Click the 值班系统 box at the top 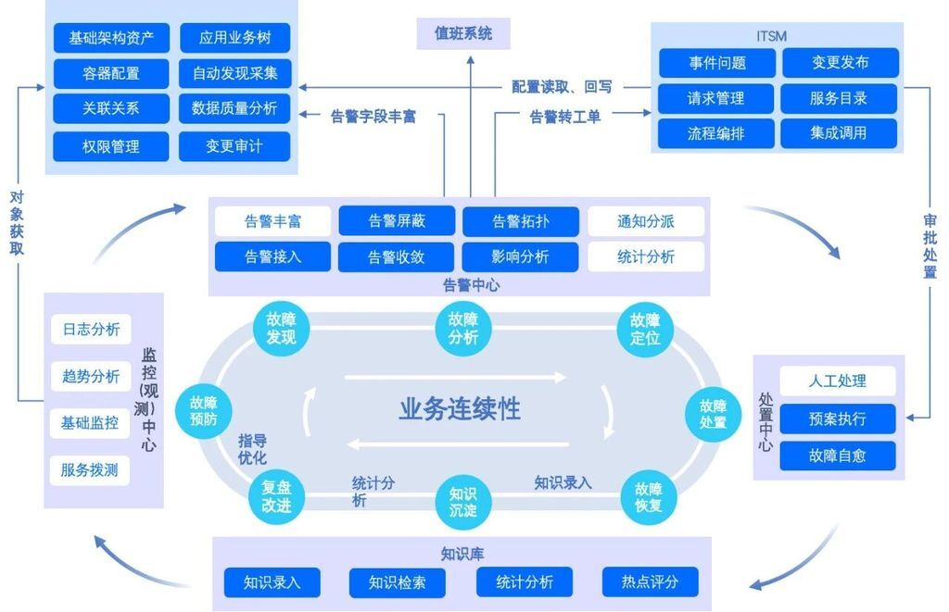(463, 34)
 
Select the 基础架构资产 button (111, 39)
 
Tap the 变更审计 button (234, 146)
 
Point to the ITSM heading (772, 36)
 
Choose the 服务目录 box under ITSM (839, 98)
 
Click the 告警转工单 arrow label (565, 117)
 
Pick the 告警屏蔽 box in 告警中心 (397, 221)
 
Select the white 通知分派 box (646, 221)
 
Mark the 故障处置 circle (713, 414)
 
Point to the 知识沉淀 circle (463, 501)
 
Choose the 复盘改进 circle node (276, 497)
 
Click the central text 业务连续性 (461, 408)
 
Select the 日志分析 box (91, 330)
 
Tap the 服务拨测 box (90, 470)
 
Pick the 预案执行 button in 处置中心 (838, 418)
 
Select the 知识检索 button (397, 582)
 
